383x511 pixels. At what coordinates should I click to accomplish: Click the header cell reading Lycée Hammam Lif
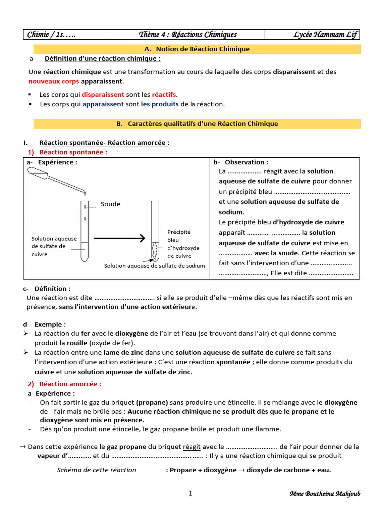(326, 34)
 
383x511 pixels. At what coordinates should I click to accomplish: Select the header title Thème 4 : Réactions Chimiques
(188, 34)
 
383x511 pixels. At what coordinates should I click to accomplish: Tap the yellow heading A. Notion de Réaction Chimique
(196, 49)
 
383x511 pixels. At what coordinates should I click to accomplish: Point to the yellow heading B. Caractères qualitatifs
(197, 123)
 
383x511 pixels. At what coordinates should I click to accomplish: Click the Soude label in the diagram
(110, 204)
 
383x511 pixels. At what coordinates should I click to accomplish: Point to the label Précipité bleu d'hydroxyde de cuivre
(183, 244)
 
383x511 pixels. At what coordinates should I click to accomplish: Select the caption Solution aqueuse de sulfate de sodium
(155, 266)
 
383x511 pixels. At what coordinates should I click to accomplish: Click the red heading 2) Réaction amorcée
(64, 384)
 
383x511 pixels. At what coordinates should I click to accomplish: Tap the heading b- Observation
(241, 162)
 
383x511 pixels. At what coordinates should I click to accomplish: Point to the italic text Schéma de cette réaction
(96, 470)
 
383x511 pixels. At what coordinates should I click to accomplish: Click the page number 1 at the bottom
(190, 494)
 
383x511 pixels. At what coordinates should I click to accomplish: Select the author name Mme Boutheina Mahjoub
(325, 494)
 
